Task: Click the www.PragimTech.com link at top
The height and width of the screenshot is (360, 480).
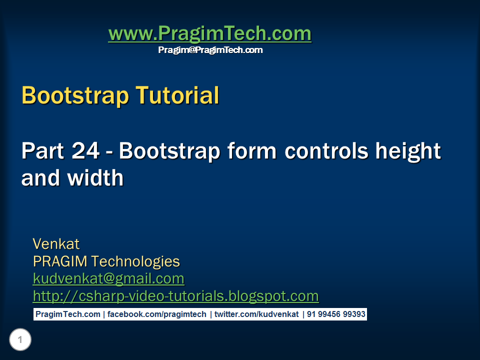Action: [209, 34]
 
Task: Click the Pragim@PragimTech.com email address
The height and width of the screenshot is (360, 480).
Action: [210, 50]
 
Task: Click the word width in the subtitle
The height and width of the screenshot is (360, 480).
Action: [94, 178]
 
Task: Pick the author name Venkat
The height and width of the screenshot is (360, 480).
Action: [56, 244]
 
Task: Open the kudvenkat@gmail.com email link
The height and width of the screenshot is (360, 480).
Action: [108, 278]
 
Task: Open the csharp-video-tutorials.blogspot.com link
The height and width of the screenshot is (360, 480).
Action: [175, 296]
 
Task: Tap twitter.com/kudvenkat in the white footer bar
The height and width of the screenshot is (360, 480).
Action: [256, 314]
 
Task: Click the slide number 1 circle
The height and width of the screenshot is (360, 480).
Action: [20, 340]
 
